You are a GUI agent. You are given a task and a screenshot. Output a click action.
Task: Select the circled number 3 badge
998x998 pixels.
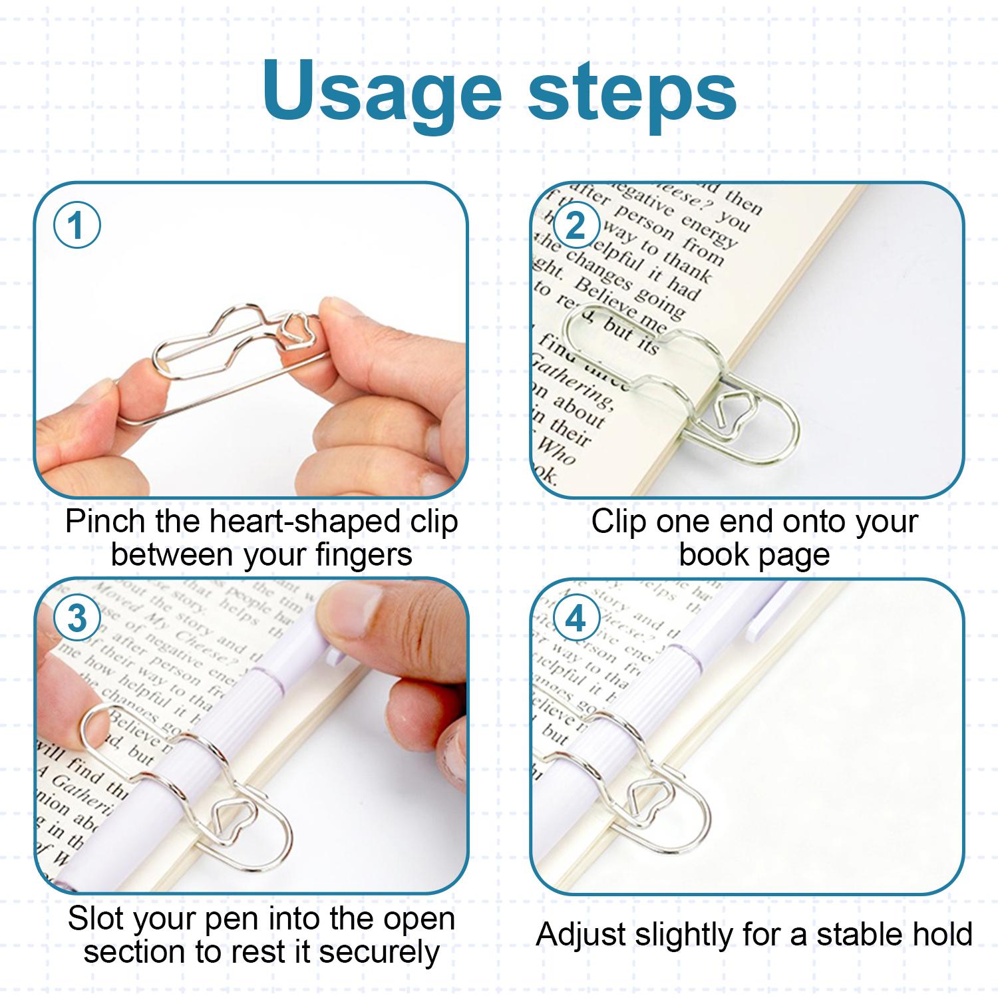77,619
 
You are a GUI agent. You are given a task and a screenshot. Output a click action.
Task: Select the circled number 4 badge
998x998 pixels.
575,619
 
